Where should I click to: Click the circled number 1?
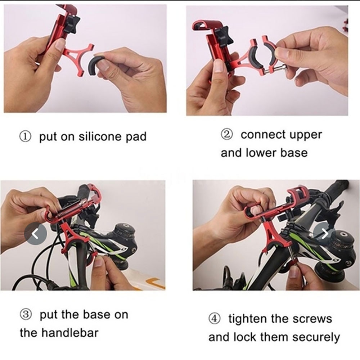pyautogui.click(x=25, y=137)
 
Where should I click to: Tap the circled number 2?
pyautogui.click(x=227, y=135)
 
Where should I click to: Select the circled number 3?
pyautogui.click(x=26, y=315)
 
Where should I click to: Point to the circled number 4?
pyautogui.click(x=214, y=319)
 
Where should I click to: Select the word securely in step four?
pyautogui.click(x=316, y=338)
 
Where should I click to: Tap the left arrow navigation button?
pyautogui.click(x=35, y=234)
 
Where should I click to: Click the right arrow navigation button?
pyautogui.click(x=325, y=234)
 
